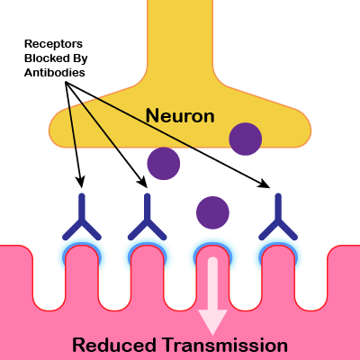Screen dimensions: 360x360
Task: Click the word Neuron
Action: click(180, 116)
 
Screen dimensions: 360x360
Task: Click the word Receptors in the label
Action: click(53, 44)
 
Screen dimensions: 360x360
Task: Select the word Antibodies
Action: click(55, 73)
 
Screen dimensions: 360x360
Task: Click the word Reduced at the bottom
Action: click(114, 345)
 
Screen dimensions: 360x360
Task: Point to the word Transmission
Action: click(225, 345)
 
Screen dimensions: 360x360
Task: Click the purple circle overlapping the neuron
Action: click(246, 139)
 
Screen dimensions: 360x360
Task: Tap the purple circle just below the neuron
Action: click(164, 164)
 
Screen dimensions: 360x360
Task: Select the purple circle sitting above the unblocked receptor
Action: click(212, 212)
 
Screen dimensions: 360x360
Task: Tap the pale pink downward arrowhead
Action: click(212, 321)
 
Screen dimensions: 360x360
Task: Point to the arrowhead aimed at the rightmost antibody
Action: click(265, 183)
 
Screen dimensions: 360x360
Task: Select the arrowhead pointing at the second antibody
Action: click(142, 182)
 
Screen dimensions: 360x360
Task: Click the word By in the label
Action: click(80, 58)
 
